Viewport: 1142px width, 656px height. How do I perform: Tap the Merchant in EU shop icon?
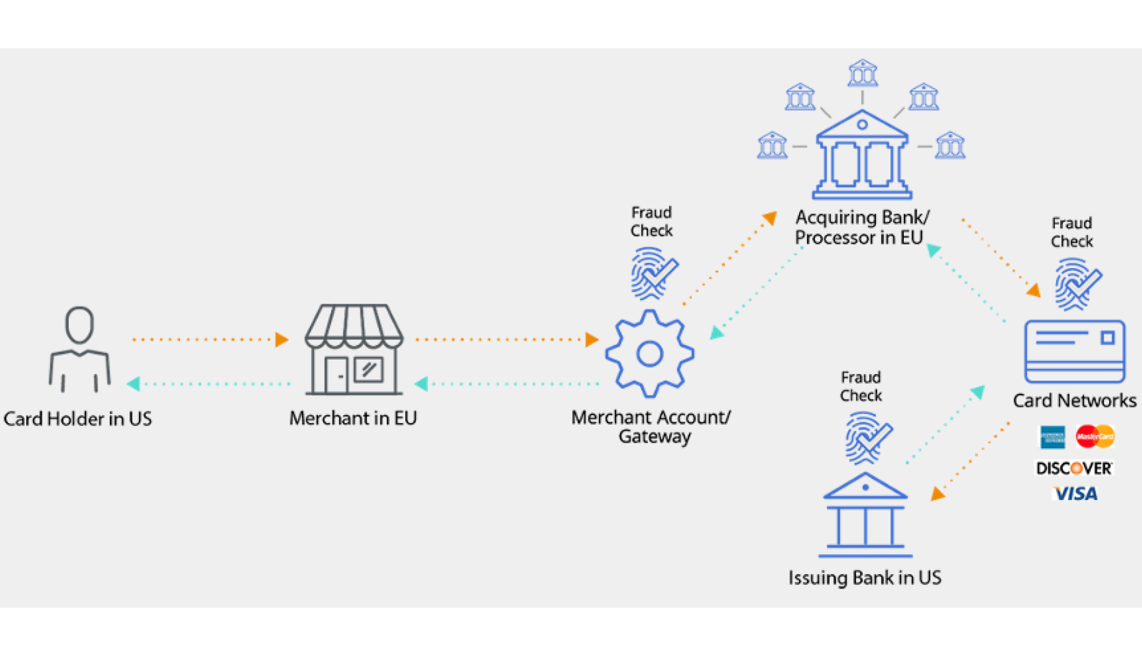354,349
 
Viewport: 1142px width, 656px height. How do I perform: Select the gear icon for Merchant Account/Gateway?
650,354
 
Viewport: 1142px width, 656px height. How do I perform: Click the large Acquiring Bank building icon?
862,155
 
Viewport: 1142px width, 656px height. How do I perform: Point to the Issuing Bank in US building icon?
865,515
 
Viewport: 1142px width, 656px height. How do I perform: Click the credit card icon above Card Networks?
1075,352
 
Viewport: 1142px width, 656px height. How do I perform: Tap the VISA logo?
1075,494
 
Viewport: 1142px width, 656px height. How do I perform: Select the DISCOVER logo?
1074,468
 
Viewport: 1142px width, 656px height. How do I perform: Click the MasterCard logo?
1095,436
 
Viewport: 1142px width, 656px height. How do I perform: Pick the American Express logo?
1052,437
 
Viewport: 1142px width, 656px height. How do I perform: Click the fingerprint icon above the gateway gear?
652,274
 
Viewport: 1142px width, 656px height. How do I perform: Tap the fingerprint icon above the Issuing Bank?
867,438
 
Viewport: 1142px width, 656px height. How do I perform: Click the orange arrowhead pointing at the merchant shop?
282,339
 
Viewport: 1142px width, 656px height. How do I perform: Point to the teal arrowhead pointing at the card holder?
133,384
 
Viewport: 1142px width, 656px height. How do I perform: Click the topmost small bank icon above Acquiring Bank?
863,73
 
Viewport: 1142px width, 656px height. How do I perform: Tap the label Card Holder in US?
78,419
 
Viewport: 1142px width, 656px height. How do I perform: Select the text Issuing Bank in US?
865,577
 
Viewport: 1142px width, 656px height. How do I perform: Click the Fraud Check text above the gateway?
651,221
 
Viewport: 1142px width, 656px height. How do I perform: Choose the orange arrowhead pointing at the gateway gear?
592,339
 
